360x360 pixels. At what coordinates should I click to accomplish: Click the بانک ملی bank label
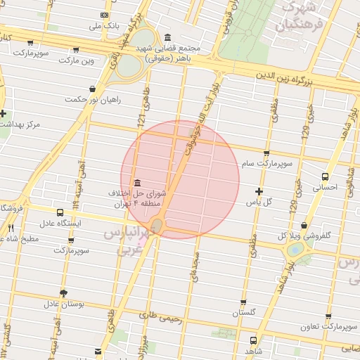pos(104,25)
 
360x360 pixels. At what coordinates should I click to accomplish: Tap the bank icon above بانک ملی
pos(105,14)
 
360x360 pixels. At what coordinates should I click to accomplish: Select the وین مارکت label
pos(77,60)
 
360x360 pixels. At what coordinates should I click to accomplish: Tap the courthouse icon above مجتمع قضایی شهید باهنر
pos(167,37)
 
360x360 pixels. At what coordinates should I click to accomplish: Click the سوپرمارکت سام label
pos(266,163)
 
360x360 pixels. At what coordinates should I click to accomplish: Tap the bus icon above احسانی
pos(325,177)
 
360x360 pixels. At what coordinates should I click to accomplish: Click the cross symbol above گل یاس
pos(259,191)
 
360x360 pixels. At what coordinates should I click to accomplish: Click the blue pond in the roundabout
pos(295,249)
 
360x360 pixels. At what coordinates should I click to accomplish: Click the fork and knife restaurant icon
pos(11,228)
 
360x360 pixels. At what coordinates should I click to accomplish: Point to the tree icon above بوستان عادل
pos(64,293)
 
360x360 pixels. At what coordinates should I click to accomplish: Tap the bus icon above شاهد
pos(252,340)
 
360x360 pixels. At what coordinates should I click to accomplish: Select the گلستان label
pos(253,312)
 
